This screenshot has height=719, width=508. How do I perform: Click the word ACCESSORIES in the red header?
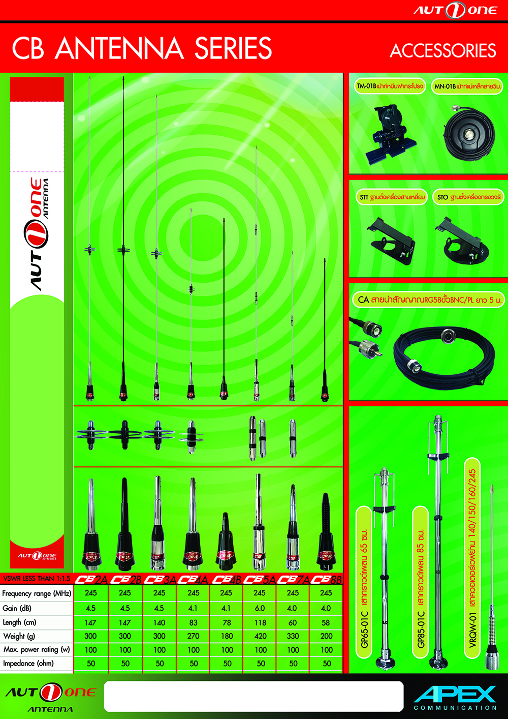(442, 51)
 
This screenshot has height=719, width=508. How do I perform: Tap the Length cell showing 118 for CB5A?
(260, 622)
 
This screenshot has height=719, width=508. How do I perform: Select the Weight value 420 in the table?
(260, 636)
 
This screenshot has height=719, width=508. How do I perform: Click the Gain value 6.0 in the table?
(260, 608)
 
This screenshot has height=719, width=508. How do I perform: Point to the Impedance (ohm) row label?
(28, 664)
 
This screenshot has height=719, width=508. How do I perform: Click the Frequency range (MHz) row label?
(37, 593)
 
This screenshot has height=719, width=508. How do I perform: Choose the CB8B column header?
(326, 579)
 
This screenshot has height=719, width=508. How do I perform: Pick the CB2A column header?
(91, 579)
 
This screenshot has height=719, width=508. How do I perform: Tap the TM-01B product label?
(390, 86)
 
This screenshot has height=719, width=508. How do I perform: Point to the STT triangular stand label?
(391, 197)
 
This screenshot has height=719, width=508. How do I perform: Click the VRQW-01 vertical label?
(472, 559)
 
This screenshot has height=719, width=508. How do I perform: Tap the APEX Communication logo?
(455, 697)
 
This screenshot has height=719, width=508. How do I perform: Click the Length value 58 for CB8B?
(326, 622)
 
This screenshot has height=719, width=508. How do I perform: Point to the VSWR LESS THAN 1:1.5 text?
(37, 579)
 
